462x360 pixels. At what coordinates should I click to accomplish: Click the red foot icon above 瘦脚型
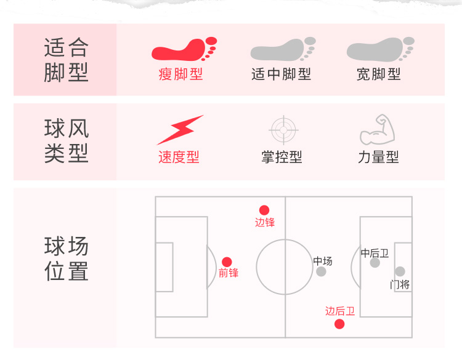184,50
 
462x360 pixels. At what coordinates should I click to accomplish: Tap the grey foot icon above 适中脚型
283,50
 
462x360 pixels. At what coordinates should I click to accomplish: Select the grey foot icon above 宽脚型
379,50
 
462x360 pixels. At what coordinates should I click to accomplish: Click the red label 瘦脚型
180,74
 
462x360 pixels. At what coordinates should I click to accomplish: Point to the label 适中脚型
282,74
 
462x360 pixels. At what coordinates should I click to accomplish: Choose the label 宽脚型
379,74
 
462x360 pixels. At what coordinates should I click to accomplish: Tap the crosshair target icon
284,130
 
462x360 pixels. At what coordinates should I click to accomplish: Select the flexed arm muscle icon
373,129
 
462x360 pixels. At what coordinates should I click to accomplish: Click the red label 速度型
179,157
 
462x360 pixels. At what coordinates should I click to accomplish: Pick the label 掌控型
282,157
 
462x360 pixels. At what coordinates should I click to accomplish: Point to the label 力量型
378,157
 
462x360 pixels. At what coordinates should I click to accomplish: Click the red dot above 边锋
264,210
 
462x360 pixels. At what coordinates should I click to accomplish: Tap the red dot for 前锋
227,262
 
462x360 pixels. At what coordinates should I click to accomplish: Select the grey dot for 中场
321,271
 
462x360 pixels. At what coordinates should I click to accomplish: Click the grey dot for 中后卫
375,263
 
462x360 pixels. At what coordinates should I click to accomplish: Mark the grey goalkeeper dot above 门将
400,271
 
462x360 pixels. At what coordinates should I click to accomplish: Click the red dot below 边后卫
339,324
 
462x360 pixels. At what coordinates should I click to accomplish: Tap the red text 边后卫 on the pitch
340,311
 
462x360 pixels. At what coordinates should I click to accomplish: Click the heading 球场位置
67,259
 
